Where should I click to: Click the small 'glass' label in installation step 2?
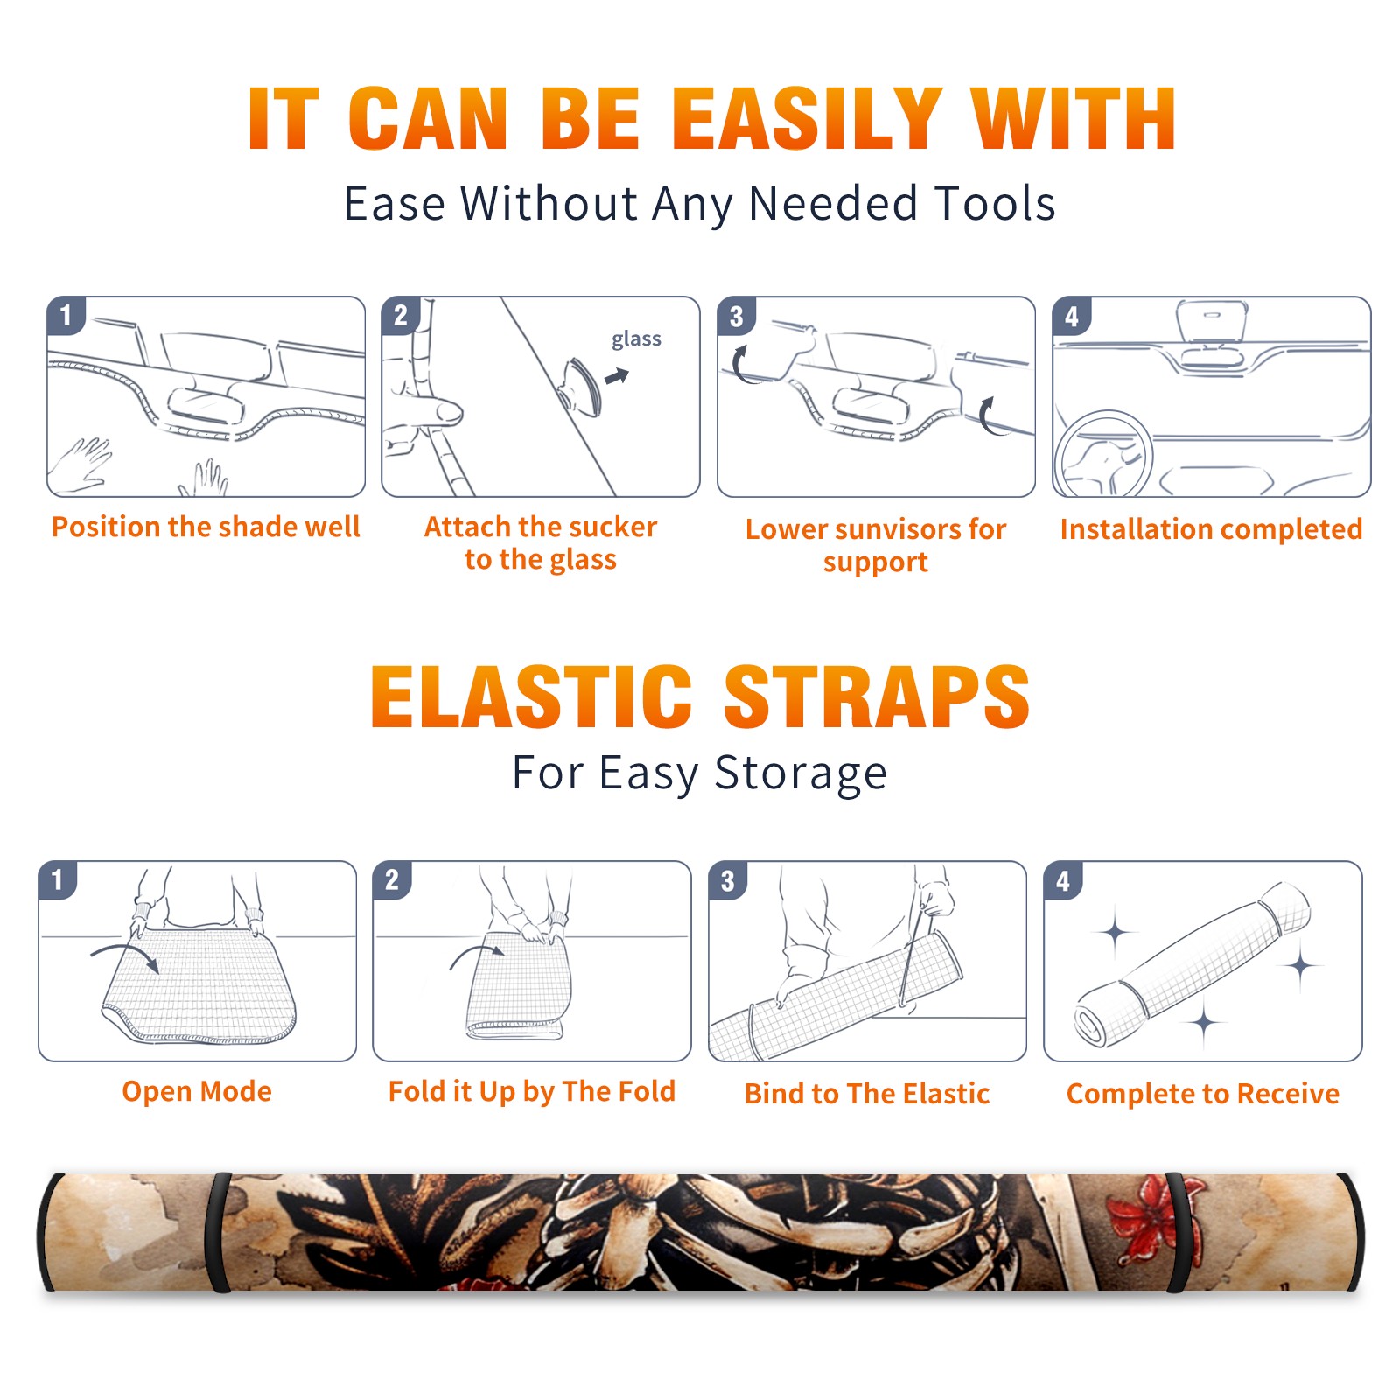[x=636, y=339]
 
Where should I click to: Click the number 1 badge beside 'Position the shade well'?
[x=66, y=315]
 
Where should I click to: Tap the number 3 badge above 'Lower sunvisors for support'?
[x=736, y=316]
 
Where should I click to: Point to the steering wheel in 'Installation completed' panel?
[x=1103, y=454]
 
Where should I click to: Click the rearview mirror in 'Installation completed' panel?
[x=1212, y=322]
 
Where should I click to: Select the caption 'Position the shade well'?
[x=206, y=527]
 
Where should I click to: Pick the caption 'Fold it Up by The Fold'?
[x=532, y=1091]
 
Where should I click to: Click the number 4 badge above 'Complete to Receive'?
[x=1063, y=880]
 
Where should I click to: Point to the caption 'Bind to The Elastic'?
[x=867, y=1094]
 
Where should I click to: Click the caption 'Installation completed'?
[x=1212, y=528]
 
